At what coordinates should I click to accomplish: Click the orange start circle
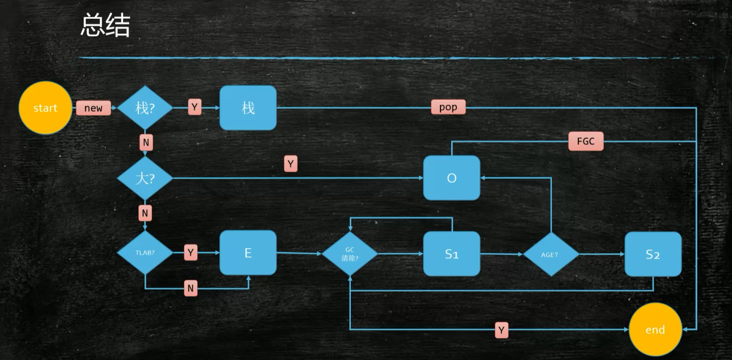[45, 108]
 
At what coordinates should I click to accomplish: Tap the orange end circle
[655, 330]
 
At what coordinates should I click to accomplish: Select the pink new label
[93, 108]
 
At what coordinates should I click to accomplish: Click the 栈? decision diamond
[145, 108]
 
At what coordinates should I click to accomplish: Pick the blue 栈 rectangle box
[248, 108]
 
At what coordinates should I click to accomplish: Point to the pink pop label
[448, 107]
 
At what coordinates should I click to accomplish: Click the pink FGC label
[586, 141]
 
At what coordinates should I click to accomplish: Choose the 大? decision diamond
[145, 178]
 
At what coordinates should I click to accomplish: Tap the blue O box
[452, 178]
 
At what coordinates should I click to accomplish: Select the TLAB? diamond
[145, 252]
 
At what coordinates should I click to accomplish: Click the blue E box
[248, 252]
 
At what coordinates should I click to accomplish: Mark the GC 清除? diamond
[350, 254]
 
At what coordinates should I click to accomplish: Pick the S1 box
[452, 254]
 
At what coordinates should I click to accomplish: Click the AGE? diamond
[550, 254]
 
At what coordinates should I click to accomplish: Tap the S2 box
[653, 254]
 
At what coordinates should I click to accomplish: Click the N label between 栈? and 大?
[146, 142]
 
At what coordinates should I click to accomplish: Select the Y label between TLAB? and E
[190, 252]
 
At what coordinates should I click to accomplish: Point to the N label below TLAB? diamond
[190, 288]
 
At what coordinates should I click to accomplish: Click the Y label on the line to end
[501, 330]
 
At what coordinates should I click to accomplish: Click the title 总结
[106, 25]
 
